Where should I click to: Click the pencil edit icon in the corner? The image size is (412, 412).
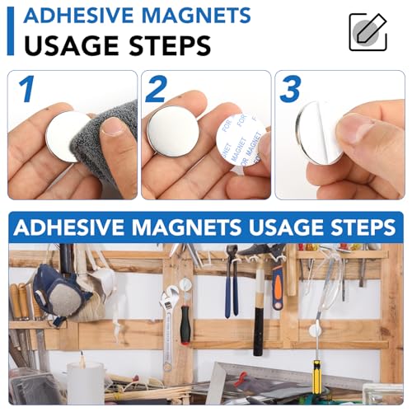[368, 32]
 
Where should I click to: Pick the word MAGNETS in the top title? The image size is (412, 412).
[190, 15]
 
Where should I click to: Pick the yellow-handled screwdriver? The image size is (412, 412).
[316, 375]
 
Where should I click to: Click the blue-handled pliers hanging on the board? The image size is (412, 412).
[232, 288]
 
